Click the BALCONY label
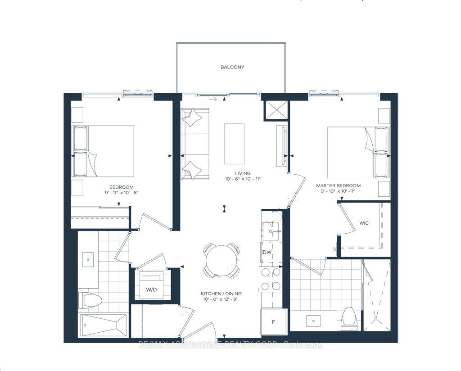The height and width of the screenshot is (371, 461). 232,67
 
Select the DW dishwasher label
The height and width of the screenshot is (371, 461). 267,253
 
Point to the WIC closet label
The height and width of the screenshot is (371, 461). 364,223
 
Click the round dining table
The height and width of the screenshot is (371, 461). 221,260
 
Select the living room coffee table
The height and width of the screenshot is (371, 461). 235,144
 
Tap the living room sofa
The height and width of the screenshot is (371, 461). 195,144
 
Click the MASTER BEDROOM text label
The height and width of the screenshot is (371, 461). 338,185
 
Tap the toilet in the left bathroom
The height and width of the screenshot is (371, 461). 91,299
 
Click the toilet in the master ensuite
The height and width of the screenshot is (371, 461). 349,318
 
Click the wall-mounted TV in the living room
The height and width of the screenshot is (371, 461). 282,144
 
